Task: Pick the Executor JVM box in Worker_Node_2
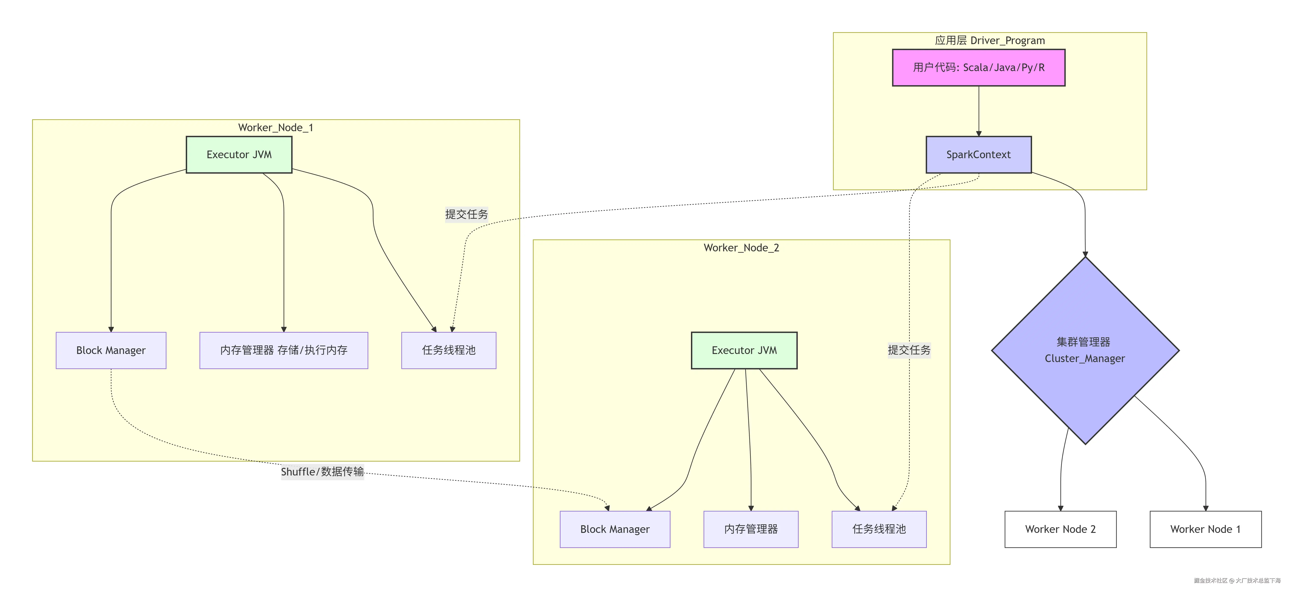tap(744, 350)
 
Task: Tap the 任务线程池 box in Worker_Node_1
tap(449, 350)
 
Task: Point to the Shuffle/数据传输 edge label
tap(322, 471)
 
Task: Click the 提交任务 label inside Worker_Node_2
tap(909, 350)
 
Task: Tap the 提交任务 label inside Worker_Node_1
tap(466, 214)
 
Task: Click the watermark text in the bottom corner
tap(1237, 580)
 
